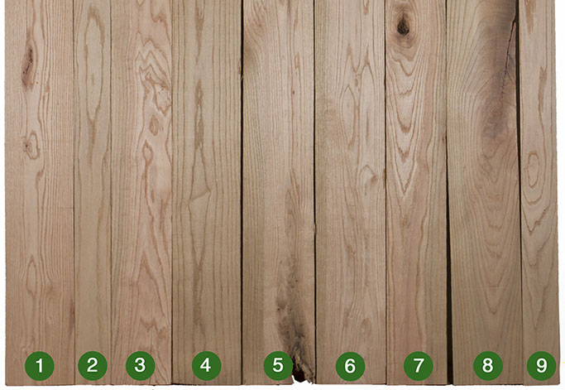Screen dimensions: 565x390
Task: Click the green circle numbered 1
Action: tap(40, 366)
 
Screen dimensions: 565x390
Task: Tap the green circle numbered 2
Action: tap(93, 366)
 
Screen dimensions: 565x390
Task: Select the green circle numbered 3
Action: tap(140, 366)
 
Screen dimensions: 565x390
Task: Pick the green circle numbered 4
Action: tap(206, 366)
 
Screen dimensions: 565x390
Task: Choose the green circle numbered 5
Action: tap(278, 366)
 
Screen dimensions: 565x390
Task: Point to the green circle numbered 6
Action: tap(350, 367)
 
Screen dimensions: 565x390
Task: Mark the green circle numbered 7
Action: tap(419, 366)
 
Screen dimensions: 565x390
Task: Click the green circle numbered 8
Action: tap(487, 366)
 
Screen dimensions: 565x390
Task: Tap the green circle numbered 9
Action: tap(542, 366)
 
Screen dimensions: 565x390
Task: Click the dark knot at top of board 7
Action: tap(403, 26)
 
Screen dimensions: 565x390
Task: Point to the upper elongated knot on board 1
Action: tap(28, 65)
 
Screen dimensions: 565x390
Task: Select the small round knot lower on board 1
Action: tap(31, 145)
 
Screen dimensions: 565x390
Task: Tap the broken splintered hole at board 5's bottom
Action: tap(302, 373)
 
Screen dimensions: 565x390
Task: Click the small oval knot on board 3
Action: tap(154, 126)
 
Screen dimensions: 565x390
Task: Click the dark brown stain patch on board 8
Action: tap(497, 108)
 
